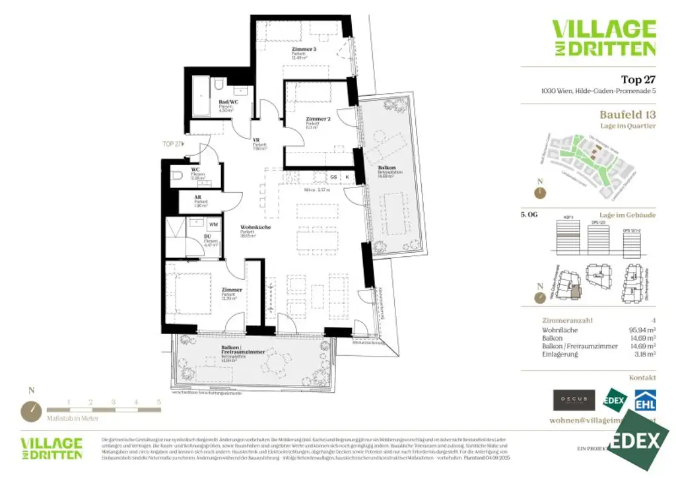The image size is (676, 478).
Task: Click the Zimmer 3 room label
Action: pyautogui.click(x=304, y=50)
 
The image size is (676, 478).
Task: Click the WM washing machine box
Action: pyautogui.click(x=213, y=224)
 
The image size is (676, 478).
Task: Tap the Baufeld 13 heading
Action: pyautogui.click(x=628, y=114)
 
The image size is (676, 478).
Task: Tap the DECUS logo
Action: pyautogui.click(x=574, y=399)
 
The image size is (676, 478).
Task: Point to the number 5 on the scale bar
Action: pyautogui.click(x=158, y=401)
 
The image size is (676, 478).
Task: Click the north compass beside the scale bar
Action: pyautogui.click(x=30, y=411)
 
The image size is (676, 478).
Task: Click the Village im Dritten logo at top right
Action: pyautogui.click(x=603, y=38)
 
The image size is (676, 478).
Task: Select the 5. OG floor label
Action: pyautogui.click(x=529, y=215)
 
